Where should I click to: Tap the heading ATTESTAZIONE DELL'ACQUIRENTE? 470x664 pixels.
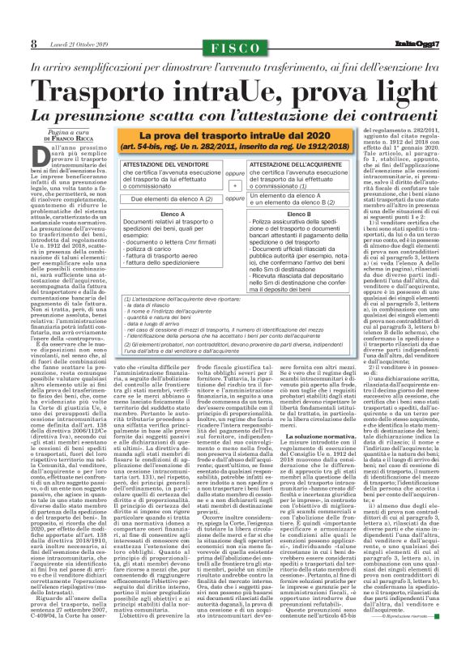pos(299,164)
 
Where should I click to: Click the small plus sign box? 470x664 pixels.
pos(236,185)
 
